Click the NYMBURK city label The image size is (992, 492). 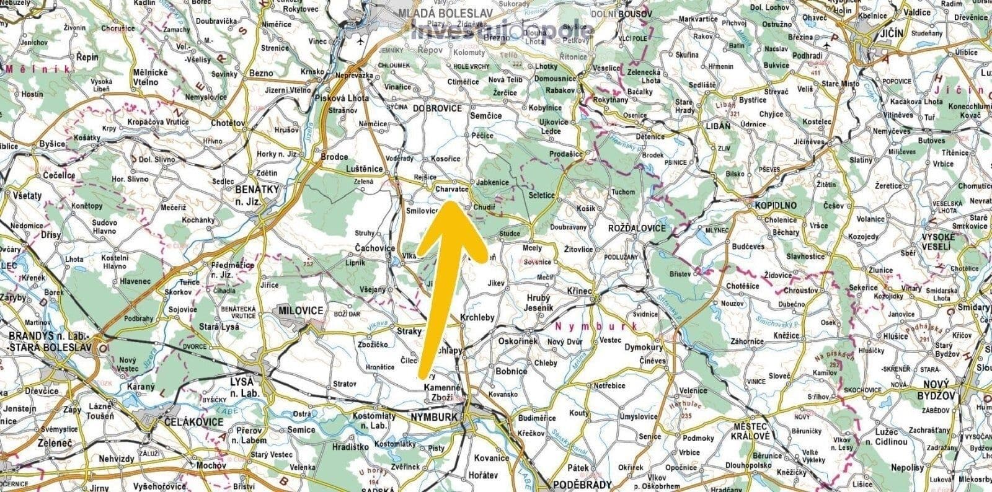(x=434, y=417)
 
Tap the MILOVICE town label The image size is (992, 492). (x=301, y=310)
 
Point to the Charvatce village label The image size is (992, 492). (x=451, y=188)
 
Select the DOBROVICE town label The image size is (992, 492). (x=438, y=108)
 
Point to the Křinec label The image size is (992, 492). (x=581, y=290)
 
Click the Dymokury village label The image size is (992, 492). (x=644, y=347)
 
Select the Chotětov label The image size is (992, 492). (x=228, y=123)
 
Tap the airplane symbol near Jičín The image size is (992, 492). (x=831, y=45)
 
